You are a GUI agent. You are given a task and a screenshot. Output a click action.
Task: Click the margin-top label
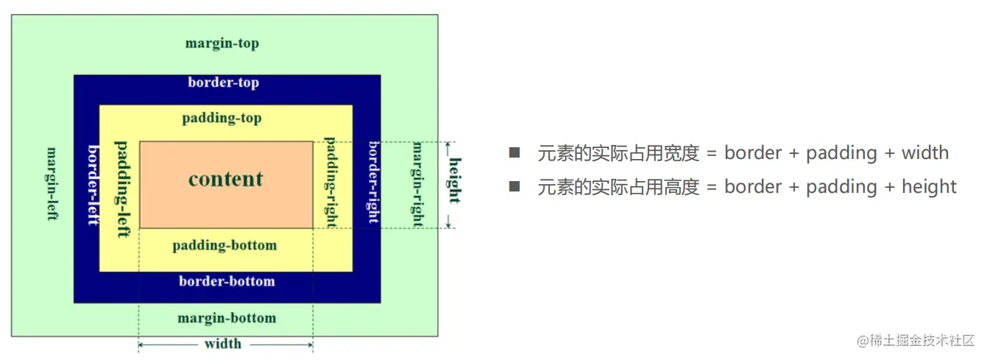click(x=222, y=43)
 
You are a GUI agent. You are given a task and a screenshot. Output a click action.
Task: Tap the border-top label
click(x=224, y=82)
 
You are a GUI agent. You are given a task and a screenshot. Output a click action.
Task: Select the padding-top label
click(x=222, y=118)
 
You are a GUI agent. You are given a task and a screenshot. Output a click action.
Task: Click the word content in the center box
click(x=226, y=179)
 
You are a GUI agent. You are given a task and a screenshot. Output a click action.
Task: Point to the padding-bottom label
click(x=224, y=245)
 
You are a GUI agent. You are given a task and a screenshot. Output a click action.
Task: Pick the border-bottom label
click(x=227, y=281)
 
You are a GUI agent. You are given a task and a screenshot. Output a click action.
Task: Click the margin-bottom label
click(x=227, y=318)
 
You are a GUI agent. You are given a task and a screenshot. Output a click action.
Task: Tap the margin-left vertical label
click(x=52, y=184)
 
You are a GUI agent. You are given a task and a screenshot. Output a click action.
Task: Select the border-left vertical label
click(x=93, y=185)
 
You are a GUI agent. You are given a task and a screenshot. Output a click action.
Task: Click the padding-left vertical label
click(x=122, y=189)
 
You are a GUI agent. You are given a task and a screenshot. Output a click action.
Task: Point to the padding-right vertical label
click(x=330, y=183)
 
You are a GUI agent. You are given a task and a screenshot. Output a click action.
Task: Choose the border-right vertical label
click(x=374, y=182)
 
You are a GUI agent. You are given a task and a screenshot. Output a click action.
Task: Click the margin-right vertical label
click(x=417, y=184)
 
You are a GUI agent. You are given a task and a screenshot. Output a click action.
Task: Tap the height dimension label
click(x=455, y=180)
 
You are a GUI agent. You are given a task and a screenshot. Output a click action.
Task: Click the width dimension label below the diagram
click(x=223, y=344)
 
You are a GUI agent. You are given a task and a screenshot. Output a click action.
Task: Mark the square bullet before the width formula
click(x=514, y=152)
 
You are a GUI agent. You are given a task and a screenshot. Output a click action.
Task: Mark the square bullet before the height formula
click(x=514, y=186)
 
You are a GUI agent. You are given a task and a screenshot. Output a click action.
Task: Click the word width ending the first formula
click(x=925, y=153)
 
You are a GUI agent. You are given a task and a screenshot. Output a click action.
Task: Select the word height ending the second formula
click(x=929, y=187)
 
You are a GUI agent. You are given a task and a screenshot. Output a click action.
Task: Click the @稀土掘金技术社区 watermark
click(x=916, y=341)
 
